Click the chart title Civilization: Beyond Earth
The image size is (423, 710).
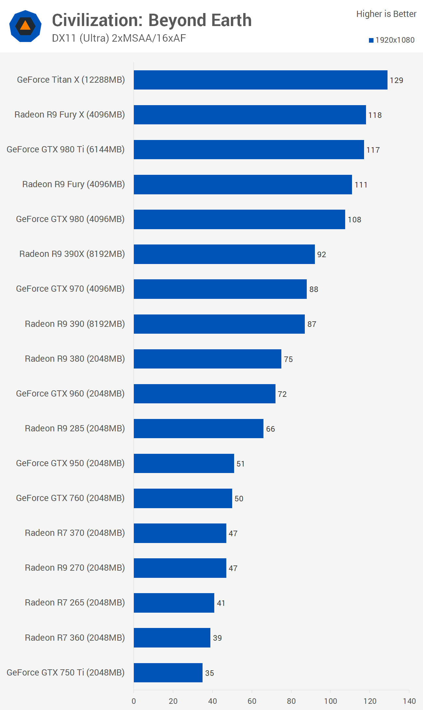(x=152, y=20)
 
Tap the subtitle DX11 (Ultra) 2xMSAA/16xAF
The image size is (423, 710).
(x=119, y=38)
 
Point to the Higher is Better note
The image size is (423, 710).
(x=386, y=14)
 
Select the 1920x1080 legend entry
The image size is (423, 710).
(x=392, y=40)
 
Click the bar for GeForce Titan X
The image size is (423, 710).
(x=261, y=80)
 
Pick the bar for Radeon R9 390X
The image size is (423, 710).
(x=224, y=254)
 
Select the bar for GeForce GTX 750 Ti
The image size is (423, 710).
(x=168, y=673)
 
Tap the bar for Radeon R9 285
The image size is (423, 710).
(x=198, y=428)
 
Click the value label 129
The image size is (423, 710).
(x=396, y=80)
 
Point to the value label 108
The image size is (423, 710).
(x=354, y=220)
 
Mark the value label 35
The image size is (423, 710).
(x=209, y=673)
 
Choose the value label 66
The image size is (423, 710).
(x=270, y=429)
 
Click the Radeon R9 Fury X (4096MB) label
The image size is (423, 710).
(x=70, y=115)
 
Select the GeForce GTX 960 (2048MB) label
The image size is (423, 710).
(x=70, y=394)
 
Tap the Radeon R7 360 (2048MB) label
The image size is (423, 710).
(x=75, y=637)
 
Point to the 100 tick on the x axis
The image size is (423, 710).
(x=331, y=701)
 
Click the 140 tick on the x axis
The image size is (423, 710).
(x=409, y=701)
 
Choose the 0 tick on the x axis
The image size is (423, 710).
(x=134, y=701)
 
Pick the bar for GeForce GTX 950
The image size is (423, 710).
(x=184, y=463)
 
